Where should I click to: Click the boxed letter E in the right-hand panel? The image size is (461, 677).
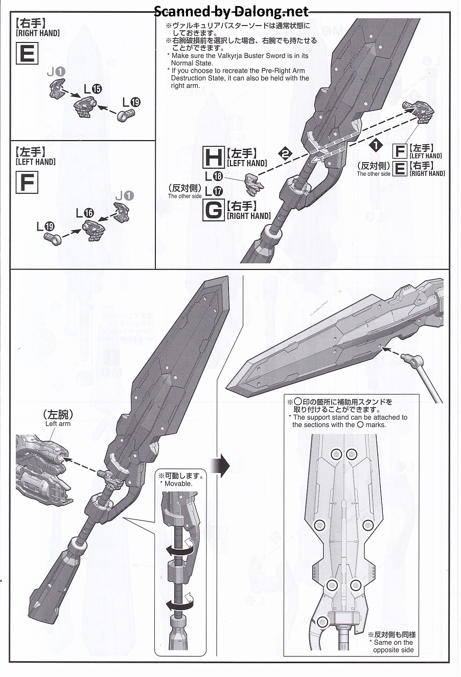27,53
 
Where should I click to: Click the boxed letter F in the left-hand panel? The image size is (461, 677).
27,183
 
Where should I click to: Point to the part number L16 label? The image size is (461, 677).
85,213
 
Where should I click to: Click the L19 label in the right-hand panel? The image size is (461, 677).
130,102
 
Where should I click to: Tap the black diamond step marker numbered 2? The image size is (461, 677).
285,152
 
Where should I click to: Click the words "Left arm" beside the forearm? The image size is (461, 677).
58,423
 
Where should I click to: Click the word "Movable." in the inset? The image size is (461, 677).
178,483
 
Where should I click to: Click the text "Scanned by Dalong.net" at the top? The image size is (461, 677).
231,11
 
